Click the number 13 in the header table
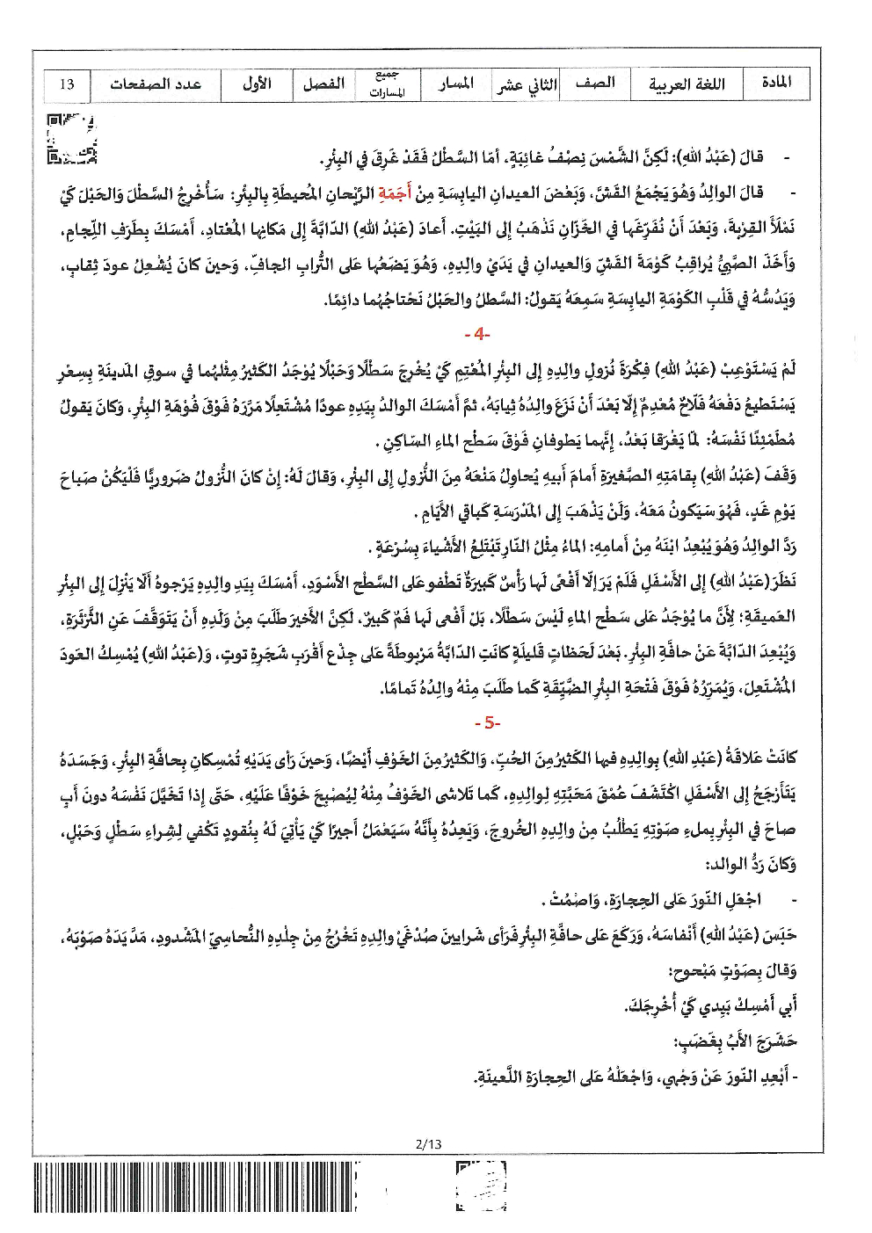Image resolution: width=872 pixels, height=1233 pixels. tap(67, 85)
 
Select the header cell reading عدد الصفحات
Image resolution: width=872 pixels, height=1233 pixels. tap(156, 84)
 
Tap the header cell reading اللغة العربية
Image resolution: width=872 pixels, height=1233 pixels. tap(687, 84)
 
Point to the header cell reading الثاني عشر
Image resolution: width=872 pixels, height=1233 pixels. tap(527, 85)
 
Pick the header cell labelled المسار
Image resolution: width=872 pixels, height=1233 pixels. tap(456, 83)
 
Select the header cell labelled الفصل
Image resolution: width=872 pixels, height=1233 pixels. tap(323, 84)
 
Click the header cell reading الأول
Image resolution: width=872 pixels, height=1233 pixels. tap(257, 83)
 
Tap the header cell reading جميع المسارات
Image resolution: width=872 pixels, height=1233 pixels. tap(388, 84)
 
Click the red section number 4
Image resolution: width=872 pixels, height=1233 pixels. tap(476, 334)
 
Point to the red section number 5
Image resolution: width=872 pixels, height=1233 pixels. tap(487, 722)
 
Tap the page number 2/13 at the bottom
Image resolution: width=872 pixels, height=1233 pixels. tap(428, 1143)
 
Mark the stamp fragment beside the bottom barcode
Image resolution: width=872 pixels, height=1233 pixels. tap(482, 1186)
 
